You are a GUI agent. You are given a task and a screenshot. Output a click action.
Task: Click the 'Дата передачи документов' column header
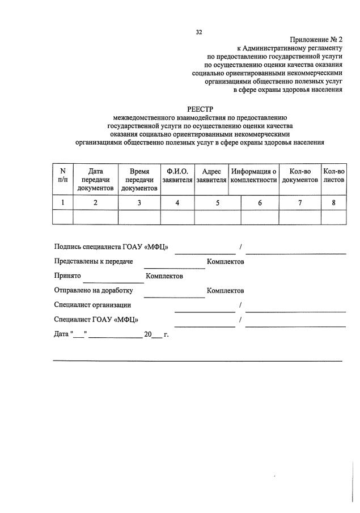click(x=95, y=179)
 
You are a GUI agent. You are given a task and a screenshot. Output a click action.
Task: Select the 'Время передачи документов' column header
click(x=139, y=179)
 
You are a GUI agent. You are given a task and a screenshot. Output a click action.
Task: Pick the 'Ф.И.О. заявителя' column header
click(x=177, y=175)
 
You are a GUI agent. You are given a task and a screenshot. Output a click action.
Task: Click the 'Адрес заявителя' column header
click(x=211, y=175)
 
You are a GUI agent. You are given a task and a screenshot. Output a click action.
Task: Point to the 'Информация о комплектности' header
click(x=253, y=175)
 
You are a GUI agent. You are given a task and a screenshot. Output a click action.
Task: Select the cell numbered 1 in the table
click(x=62, y=202)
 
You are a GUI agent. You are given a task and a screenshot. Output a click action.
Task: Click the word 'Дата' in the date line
click(x=61, y=334)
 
